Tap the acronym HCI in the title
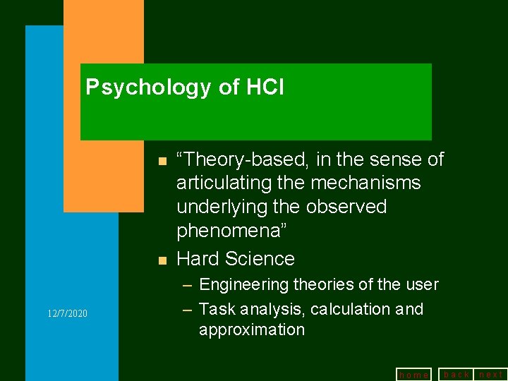pyautogui.click(x=265, y=87)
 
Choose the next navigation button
pyautogui.click(x=491, y=375)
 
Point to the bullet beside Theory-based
pyautogui.click(x=162, y=161)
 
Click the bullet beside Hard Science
pyautogui.click(x=162, y=260)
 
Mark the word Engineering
pyautogui.click(x=244, y=285)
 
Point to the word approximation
pyautogui.click(x=252, y=330)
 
